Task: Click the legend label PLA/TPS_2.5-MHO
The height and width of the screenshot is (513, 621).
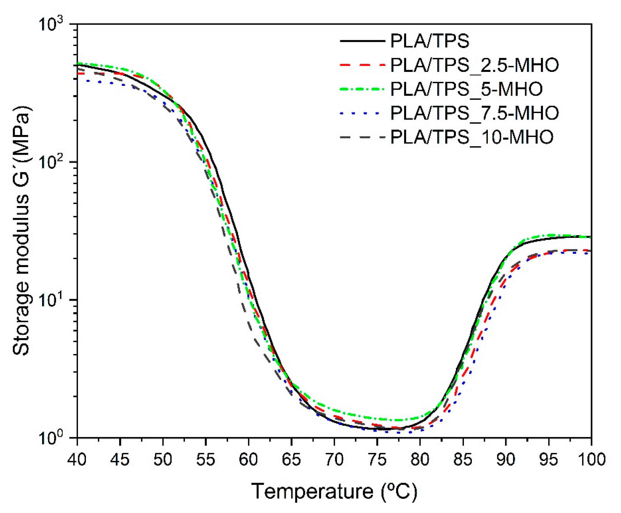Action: (x=474, y=65)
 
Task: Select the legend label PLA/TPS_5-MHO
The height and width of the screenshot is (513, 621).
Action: (x=466, y=89)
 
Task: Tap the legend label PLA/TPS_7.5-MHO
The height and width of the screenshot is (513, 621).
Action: (x=474, y=113)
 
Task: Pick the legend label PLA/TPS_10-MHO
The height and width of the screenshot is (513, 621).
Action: (x=472, y=137)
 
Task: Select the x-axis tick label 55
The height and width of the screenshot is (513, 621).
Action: (x=206, y=460)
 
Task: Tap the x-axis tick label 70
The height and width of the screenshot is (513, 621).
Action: (x=334, y=460)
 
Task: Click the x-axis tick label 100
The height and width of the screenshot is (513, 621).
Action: (x=591, y=460)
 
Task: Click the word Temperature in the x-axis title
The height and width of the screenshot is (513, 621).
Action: (x=312, y=491)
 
